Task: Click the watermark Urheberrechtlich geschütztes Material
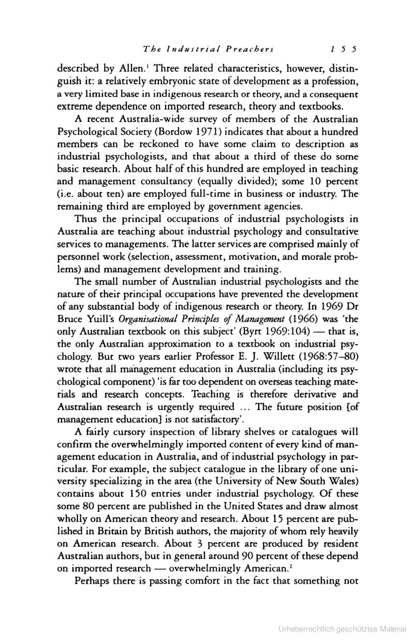(342, 629)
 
